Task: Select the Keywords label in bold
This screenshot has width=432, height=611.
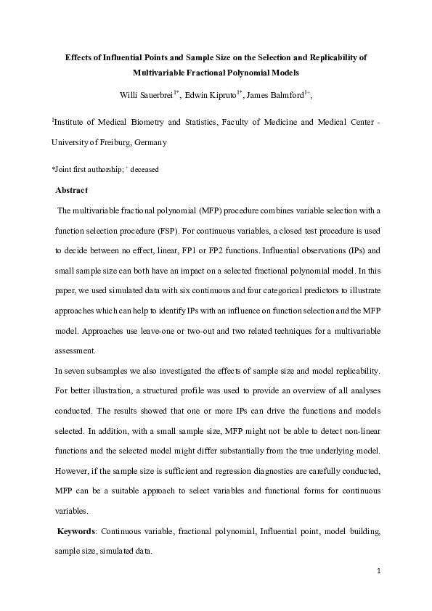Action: [80, 532]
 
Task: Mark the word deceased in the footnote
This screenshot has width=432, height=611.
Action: [144, 169]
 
